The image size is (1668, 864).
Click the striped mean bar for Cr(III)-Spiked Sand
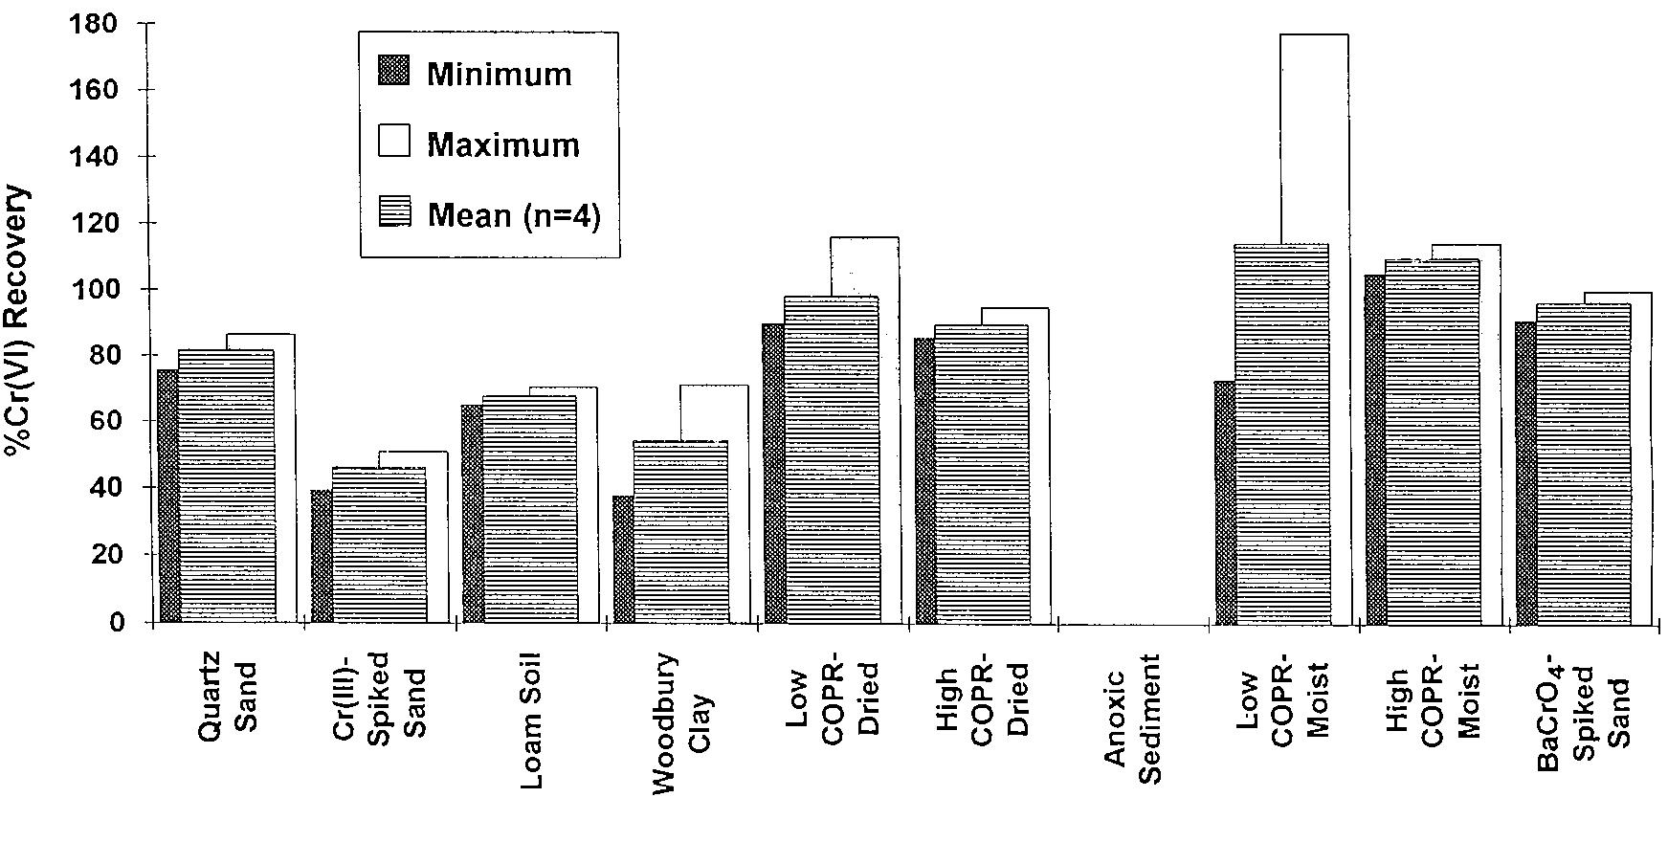point(379,545)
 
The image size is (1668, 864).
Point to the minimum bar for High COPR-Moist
point(1375,450)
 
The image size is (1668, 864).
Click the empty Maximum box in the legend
point(394,142)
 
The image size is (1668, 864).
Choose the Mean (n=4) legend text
point(514,214)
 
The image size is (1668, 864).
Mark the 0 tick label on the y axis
point(117,622)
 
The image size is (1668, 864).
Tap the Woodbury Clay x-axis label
point(681,722)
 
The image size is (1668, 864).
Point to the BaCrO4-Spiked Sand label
point(1583,712)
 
